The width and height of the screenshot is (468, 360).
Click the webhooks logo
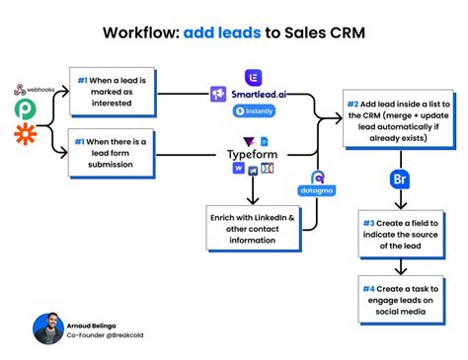[37, 90]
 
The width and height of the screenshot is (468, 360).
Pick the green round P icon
[21, 107]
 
